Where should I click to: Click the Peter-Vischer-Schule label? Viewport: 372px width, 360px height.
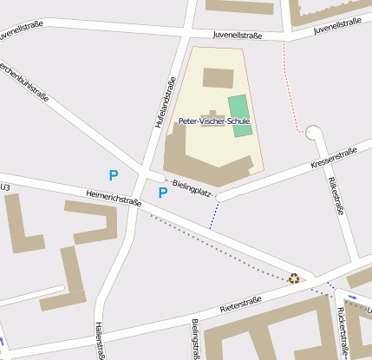click(x=213, y=121)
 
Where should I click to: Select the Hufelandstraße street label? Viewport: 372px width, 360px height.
click(x=160, y=101)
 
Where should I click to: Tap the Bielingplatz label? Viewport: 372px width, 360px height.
click(x=193, y=187)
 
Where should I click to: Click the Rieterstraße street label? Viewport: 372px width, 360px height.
click(x=240, y=304)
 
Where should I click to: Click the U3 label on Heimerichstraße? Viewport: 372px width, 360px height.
click(x=5, y=187)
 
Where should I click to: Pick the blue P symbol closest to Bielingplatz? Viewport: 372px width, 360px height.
click(x=162, y=193)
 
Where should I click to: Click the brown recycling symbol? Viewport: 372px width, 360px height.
click(x=294, y=278)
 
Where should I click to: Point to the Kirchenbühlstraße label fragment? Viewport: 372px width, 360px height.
click(x=23, y=83)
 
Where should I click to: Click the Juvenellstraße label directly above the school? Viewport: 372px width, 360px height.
click(x=238, y=36)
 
